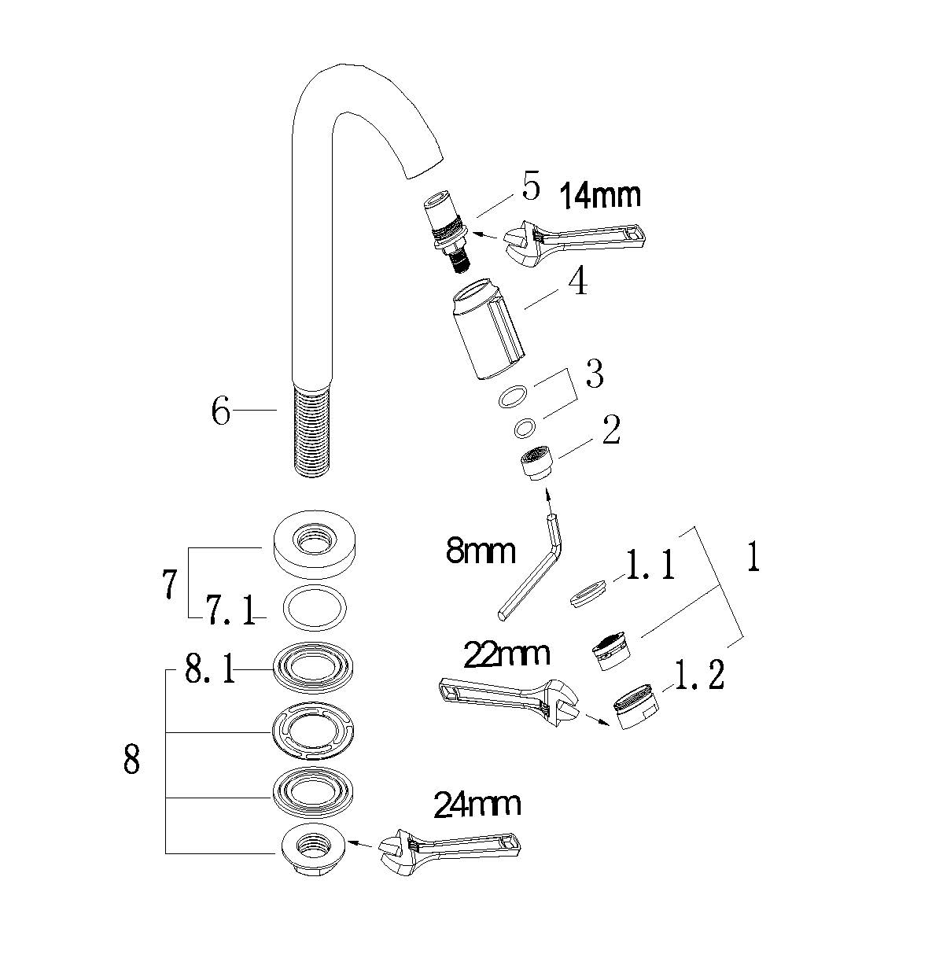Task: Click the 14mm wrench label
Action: (599, 194)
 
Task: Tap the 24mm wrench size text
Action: (477, 805)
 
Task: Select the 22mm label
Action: (507, 654)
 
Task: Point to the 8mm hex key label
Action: (480, 551)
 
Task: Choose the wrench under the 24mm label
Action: (449, 853)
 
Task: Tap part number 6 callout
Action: (221, 411)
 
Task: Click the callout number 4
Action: (578, 282)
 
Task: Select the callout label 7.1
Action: (230, 610)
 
